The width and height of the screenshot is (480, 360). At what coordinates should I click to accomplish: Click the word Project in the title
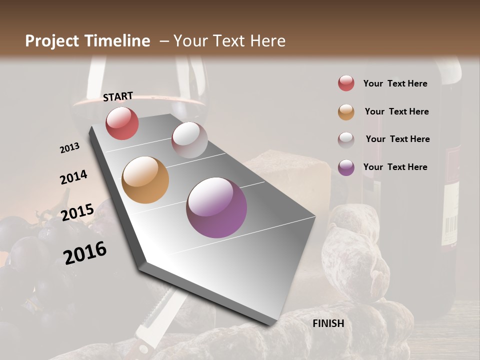tap(52, 41)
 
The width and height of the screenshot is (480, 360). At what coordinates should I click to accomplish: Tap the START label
tap(118, 96)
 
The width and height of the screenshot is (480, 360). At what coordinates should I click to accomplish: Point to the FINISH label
tap(328, 323)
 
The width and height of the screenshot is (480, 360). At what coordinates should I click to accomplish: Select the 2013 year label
tap(70, 147)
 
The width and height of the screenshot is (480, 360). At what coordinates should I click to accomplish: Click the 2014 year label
tap(73, 177)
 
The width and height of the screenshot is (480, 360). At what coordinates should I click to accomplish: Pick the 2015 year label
tap(77, 212)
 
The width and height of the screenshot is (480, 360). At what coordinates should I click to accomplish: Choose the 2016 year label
tap(85, 252)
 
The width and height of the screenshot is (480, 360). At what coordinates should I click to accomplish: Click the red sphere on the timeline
tap(122, 123)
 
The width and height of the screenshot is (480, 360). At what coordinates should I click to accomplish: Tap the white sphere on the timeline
tap(189, 140)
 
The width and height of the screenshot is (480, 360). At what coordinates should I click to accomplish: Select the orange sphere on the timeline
tap(145, 180)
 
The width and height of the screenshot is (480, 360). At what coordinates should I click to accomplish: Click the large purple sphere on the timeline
tap(216, 207)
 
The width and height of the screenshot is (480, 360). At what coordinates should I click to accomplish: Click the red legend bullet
tap(346, 83)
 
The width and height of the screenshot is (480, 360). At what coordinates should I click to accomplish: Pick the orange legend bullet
tap(346, 111)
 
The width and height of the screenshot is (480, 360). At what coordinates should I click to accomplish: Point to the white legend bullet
tap(346, 139)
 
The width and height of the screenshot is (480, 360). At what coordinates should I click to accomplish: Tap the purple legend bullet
tap(346, 167)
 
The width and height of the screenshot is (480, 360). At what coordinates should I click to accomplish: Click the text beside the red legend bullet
tap(395, 83)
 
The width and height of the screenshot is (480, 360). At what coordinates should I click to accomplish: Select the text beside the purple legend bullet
tap(395, 167)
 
